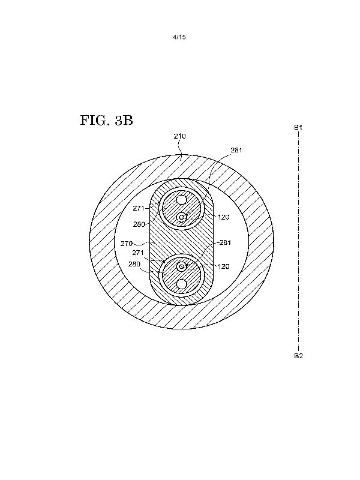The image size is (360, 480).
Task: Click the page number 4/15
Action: tap(179, 37)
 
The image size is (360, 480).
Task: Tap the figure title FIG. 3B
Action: tap(107, 121)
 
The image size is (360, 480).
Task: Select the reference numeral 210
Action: tap(179, 136)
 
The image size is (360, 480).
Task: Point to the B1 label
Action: tap(298, 127)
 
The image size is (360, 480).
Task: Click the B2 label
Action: tap(298, 356)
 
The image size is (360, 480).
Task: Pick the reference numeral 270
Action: tap(127, 244)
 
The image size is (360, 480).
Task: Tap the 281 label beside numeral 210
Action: tap(236, 150)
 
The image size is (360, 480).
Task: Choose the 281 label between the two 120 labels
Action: tap(225, 242)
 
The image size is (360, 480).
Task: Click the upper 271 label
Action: tap(139, 208)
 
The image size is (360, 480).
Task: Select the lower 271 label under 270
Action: tap(138, 253)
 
